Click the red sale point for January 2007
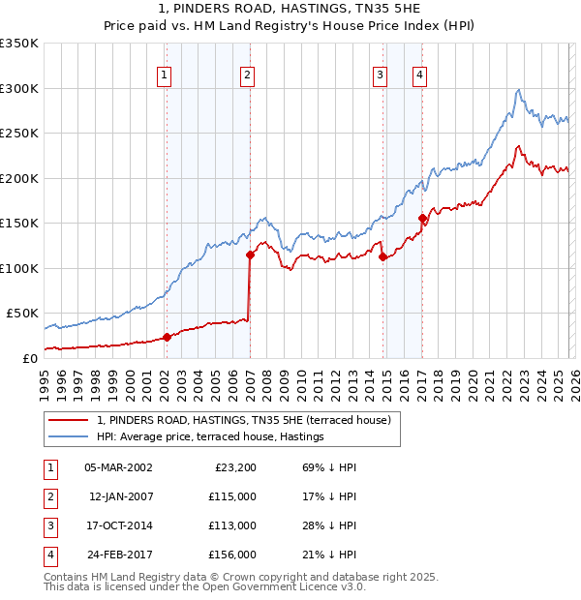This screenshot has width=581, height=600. (x=250, y=255)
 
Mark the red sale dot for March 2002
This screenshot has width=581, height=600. (x=167, y=337)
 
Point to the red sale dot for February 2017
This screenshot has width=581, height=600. (x=422, y=219)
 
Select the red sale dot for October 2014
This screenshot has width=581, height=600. (x=382, y=257)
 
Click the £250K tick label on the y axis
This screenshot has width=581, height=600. (x=19, y=134)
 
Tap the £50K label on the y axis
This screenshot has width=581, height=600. (x=22, y=314)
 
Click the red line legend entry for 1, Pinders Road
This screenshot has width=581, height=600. (x=243, y=420)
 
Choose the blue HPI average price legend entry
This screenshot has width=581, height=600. (x=209, y=436)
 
